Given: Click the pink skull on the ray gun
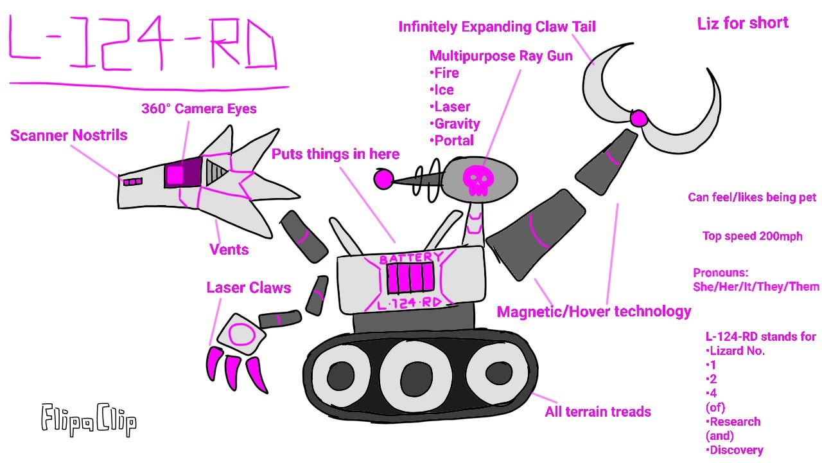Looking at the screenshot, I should click(475, 179).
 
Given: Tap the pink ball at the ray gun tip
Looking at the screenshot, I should click(383, 179).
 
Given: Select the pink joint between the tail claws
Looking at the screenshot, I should click(638, 118).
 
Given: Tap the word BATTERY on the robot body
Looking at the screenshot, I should click(411, 259).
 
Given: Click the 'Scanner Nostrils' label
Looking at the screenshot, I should click(69, 136).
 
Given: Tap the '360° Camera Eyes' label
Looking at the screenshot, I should click(198, 109).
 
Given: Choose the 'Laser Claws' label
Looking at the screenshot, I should click(249, 287).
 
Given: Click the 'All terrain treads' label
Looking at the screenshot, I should click(598, 412).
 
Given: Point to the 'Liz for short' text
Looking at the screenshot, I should click(742, 23).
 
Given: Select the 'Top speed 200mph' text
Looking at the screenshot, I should click(752, 236).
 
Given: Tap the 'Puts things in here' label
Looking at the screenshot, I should click(335, 154).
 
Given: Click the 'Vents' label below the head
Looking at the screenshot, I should click(229, 250).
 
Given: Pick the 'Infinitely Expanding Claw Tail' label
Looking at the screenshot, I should click(497, 27).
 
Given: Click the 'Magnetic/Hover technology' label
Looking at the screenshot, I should click(594, 312).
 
